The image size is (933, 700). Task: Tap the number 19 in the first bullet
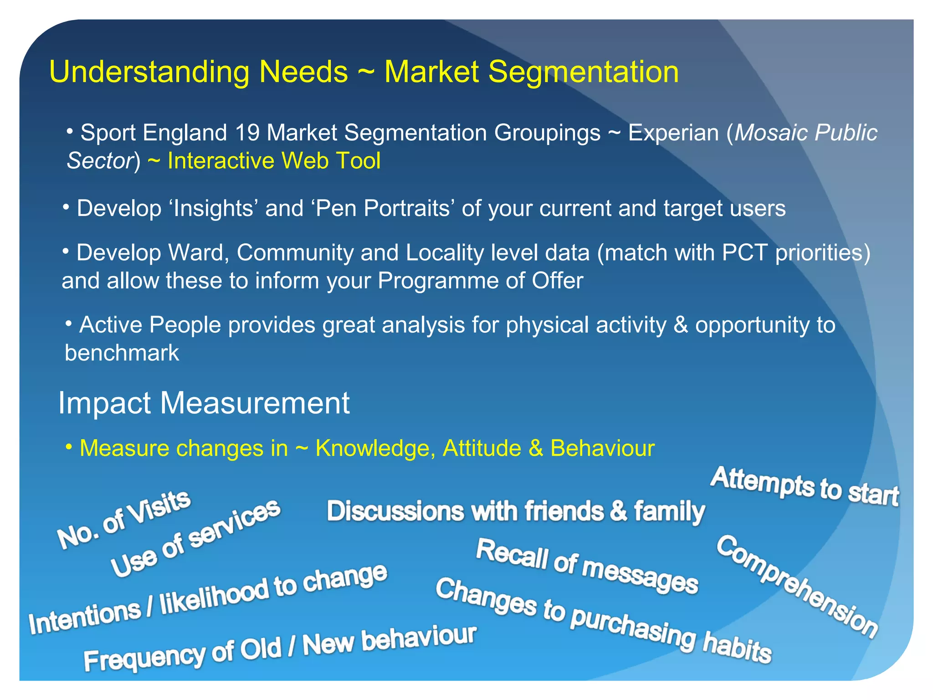point(246,133)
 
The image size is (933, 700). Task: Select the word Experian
point(673,133)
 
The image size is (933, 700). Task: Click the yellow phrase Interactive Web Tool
point(274,161)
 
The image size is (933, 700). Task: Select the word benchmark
point(122,353)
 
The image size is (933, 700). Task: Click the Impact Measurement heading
point(204,403)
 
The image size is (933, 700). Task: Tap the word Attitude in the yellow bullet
point(482,448)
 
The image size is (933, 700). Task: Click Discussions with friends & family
point(515,511)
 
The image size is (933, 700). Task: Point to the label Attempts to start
point(805,487)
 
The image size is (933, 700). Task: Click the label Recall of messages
point(587,566)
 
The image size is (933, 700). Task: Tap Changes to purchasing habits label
point(603,620)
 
